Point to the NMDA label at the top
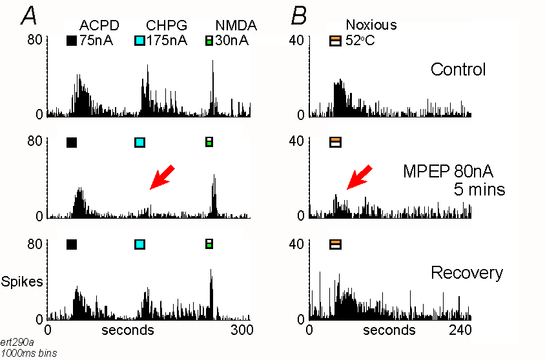(235, 25)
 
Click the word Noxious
(371, 25)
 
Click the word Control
(458, 69)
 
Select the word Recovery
(467, 272)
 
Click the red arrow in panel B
(358, 177)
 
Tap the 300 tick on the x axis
(240, 330)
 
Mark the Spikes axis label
(22, 282)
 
